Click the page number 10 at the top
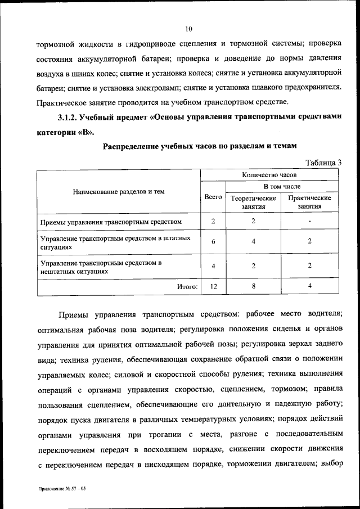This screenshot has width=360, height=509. pyautogui.click(x=188, y=28)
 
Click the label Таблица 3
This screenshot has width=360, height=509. pyautogui.click(x=323, y=163)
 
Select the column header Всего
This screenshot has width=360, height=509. pyautogui.click(x=213, y=197)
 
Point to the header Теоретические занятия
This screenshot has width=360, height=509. pyautogui.click(x=254, y=202)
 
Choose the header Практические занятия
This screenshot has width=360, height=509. pyautogui.click(x=310, y=202)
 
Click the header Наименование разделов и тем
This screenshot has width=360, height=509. pyautogui.click(x=119, y=191)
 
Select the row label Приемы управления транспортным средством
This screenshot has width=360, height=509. pyautogui.click(x=111, y=221)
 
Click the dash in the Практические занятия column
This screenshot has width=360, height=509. pyautogui.click(x=310, y=220)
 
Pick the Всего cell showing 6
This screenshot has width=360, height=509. pyautogui.click(x=213, y=241)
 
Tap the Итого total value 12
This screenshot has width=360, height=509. pyautogui.click(x=213, y=286)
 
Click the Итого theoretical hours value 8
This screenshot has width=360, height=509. pyautogui.click(x=254, y=286)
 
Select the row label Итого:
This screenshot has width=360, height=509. pyautogui.click(x=187, y=287)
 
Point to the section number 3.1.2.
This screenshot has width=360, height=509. pyautogui.click(x=67, y=117)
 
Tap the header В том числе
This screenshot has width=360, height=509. pyautogui.click(x=282, y=186)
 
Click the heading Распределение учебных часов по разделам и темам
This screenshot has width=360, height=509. pyautogui.click(x=198, y=147)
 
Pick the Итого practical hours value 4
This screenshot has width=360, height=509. pyautogui.click(x=310, y=286)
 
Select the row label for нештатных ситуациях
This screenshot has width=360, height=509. pyautogui.click(x=101, y=267)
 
